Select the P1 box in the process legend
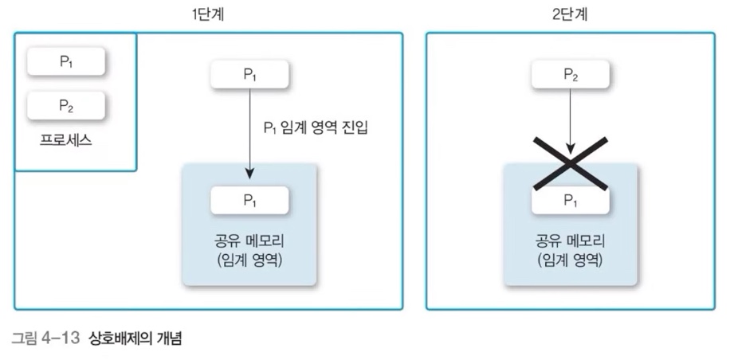66,62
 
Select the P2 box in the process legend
66,104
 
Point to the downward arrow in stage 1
249,131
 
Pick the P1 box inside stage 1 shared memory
249,200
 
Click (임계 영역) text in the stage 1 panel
249,260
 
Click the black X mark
571,163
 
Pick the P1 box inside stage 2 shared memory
571,201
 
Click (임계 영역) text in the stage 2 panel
571,260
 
